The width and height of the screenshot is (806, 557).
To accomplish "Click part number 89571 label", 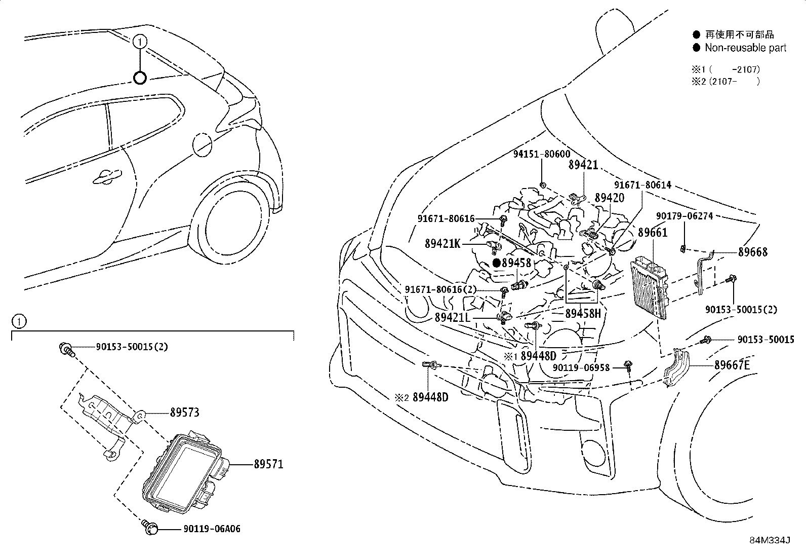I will [x=268, y=464].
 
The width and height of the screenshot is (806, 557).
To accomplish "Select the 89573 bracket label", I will [x=184, y=413].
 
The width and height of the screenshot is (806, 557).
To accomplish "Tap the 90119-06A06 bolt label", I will [x=211, y=529].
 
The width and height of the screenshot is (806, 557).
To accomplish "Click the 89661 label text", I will [x=653, y=233].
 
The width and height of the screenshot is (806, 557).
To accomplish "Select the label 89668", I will [x=752, y=252].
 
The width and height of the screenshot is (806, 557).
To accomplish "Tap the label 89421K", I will [x=442, y=244].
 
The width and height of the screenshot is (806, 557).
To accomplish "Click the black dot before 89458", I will [x=497, y=263].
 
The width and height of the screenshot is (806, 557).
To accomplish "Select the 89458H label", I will [x=583, y=313].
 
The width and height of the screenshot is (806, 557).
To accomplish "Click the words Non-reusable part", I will [x=746, y=48].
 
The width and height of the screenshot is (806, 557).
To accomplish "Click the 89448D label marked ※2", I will [x=430, y=397].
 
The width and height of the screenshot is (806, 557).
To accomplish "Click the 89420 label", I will [x=610, y=198].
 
